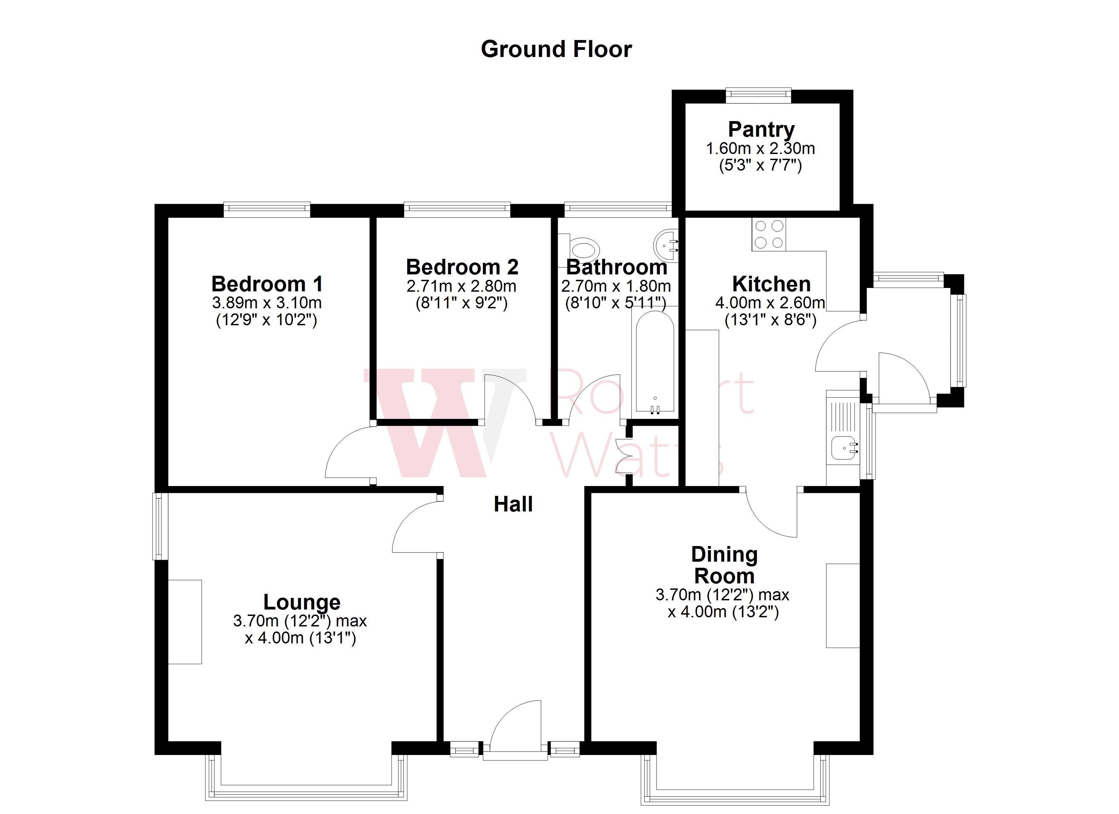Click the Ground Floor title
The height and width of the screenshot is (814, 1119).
[556, 50]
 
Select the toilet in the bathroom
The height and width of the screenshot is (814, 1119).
[584, 248]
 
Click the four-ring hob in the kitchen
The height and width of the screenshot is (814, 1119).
[769, 234]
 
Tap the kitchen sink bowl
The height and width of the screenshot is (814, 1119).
[843, 449]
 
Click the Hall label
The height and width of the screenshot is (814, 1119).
[513, 504]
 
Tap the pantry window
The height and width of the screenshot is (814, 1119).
[758, 95]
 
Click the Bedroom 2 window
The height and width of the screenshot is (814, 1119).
[457, 210]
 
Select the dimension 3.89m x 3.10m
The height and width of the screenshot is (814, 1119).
[267, 303]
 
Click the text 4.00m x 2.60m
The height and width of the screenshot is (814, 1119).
[770, 303]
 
